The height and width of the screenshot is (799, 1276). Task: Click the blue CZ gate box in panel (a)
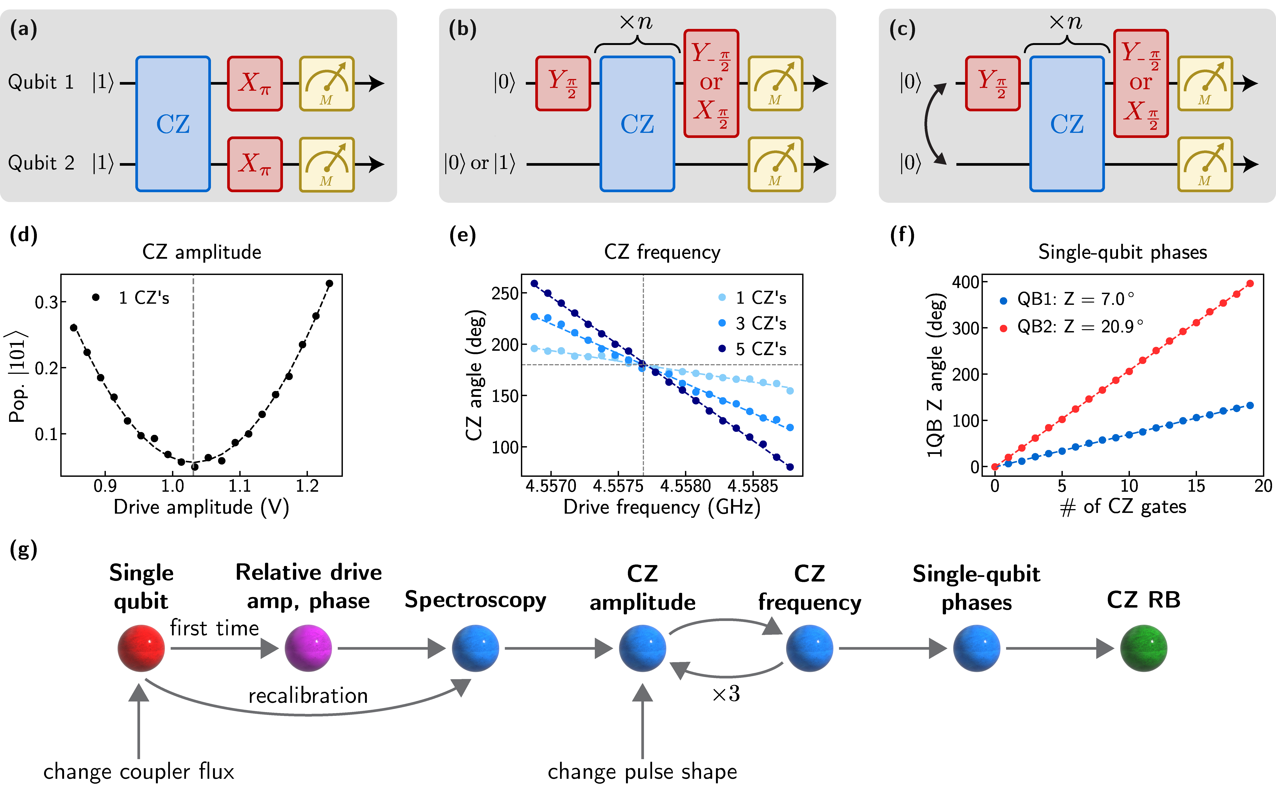173,124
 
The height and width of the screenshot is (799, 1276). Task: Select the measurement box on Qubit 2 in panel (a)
327,164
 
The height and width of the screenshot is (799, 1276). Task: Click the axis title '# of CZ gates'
1123,507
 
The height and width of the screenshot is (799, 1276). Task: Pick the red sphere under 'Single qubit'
141,648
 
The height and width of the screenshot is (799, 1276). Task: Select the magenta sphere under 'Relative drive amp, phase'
308,648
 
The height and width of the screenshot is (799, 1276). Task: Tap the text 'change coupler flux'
138,772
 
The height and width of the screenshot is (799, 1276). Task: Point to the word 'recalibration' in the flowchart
308,695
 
